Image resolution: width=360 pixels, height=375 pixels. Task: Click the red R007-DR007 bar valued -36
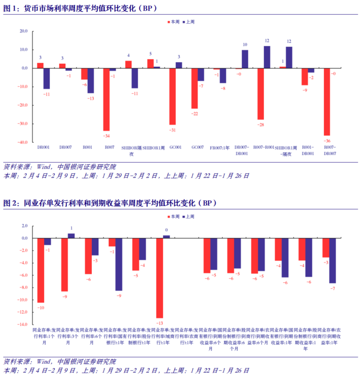coord(327,102)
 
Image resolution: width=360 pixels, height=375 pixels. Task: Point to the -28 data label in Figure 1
coord(260,124)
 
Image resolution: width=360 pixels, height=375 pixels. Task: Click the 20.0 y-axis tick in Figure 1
coord(23,31)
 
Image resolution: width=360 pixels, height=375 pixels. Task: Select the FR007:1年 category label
coord(219,147)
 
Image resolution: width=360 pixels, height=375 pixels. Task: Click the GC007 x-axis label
coord(197,147)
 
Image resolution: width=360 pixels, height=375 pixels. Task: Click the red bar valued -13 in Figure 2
coord(160,278)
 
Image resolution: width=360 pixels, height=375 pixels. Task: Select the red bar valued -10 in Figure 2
coord(41,270)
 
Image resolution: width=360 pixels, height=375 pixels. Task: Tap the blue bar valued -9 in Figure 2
coord(119,265)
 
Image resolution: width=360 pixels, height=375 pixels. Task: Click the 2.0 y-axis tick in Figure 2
coord(25,226)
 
